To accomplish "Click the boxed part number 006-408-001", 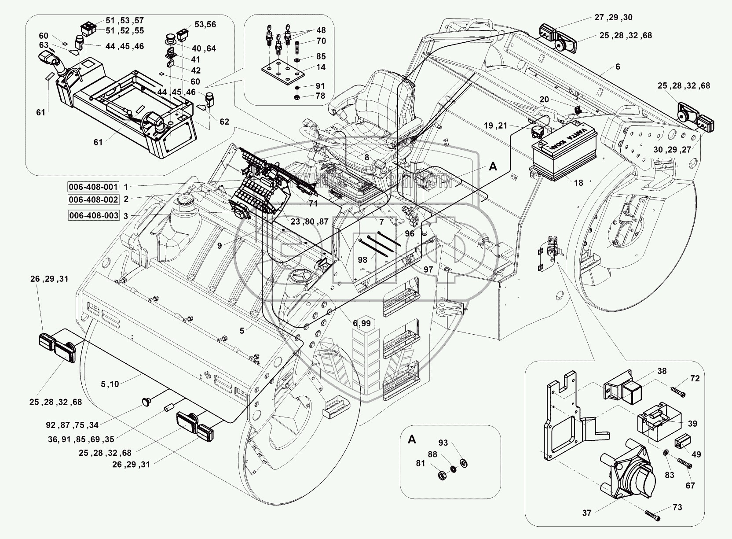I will tap(93, 186).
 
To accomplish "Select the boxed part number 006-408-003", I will tap(93, 215).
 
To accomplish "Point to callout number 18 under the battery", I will tap(579, 183).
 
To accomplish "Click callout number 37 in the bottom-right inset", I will tap(587, 513).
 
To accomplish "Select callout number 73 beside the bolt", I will tap(677, 507).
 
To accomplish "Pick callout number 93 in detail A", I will tap(443, 443).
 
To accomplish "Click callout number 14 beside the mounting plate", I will tap(321, 67).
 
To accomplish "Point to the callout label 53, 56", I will tap(205, 25).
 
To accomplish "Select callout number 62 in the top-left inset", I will tap(224, 122).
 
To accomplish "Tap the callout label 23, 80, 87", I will tap(309, 222).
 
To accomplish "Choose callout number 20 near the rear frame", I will tap(545, 100).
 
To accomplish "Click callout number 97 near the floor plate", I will tap(428, 269).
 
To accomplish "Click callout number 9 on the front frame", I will tap(220, 246).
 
